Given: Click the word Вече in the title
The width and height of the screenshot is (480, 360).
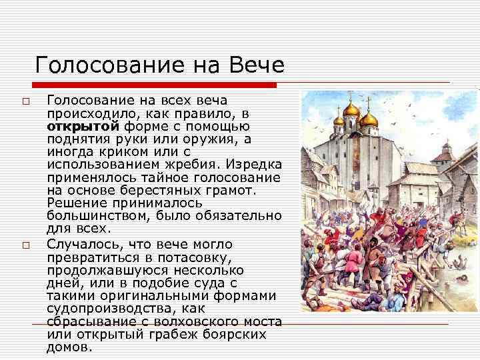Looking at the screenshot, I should coord(257,65).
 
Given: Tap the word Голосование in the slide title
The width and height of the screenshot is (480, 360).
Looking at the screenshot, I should coord(106,65).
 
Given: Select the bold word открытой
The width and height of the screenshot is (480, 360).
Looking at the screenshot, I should coord(82,126).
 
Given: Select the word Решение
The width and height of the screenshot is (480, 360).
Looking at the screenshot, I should coord(77,203).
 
